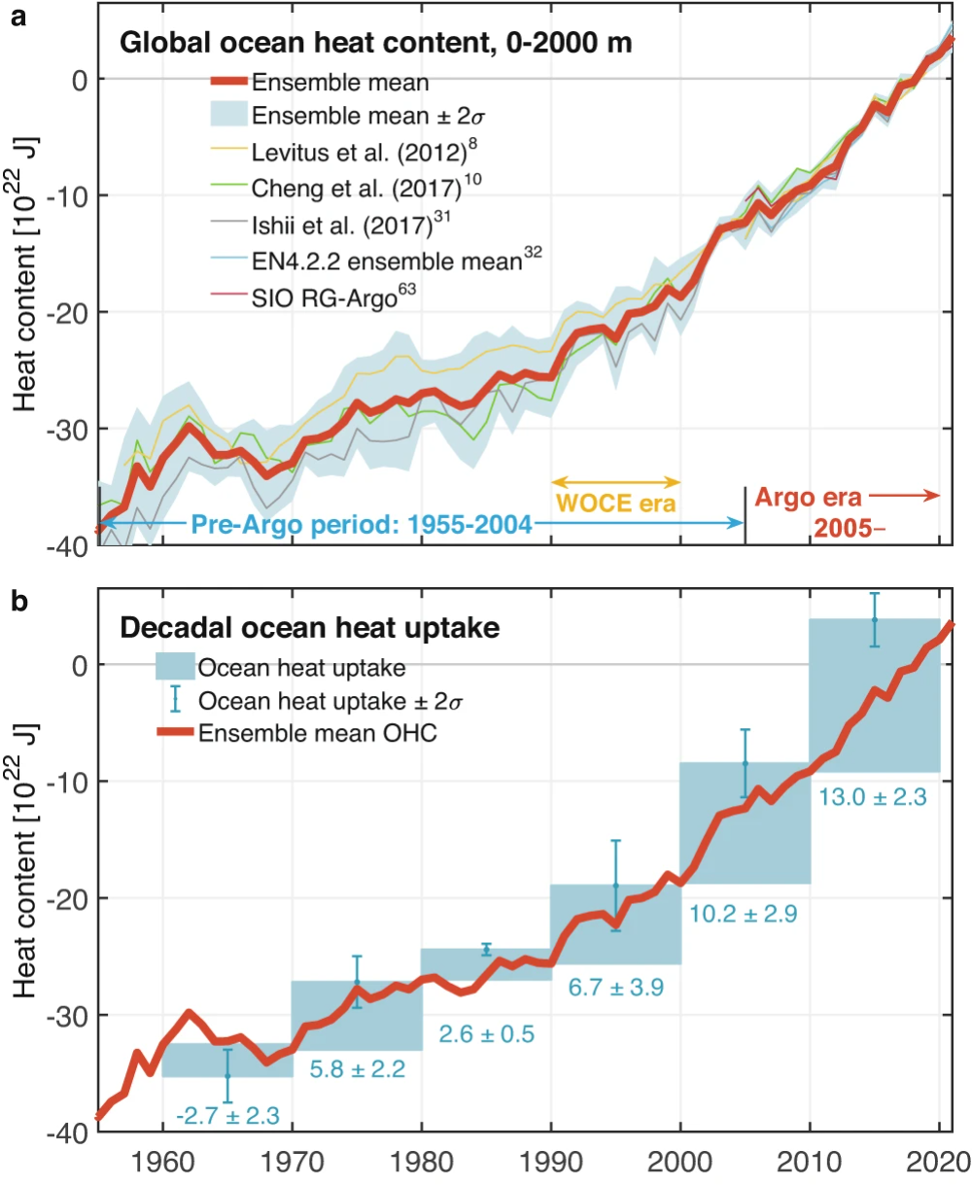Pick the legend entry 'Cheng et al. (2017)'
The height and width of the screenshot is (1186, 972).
tap(350, 184)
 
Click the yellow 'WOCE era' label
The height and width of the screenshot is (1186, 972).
tap(615, 505)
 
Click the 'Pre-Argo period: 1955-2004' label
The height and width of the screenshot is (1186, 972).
tap(362, 525)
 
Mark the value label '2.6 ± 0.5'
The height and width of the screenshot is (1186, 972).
tap(487, 1033)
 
